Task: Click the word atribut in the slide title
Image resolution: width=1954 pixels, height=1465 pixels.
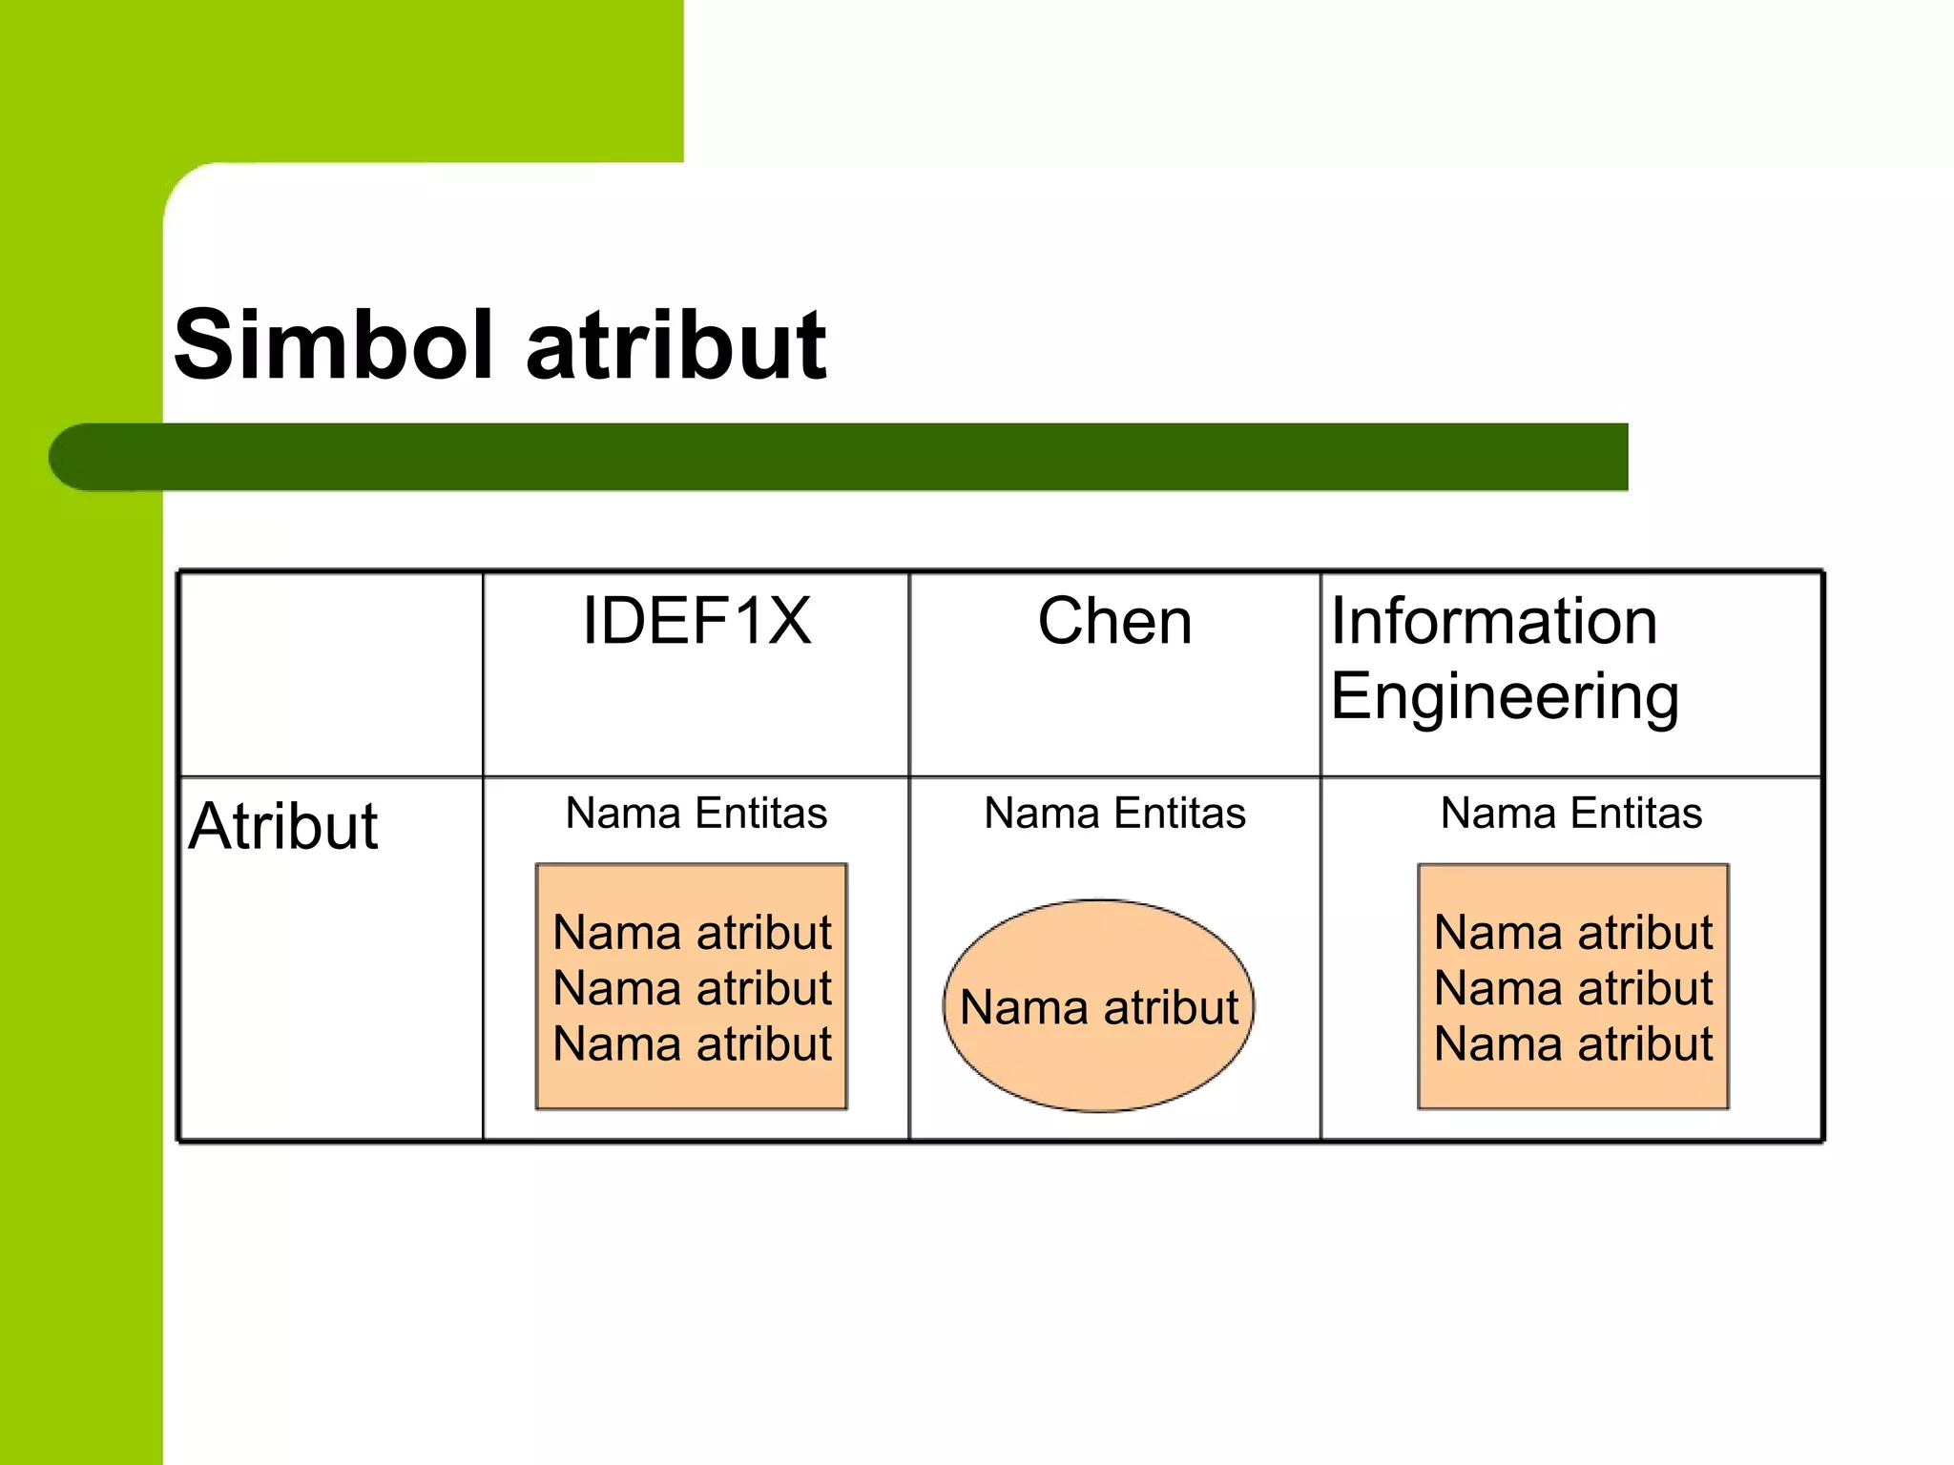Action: pyautogui.click(x=676, y=345)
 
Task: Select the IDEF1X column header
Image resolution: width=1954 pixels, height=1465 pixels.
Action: pyautogui.click(x=696, y=622)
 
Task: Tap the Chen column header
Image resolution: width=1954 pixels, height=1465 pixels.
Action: pyautogui.click(x=1114, y=622)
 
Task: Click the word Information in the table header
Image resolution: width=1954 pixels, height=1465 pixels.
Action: pyautogui.click(x=1494, y=622)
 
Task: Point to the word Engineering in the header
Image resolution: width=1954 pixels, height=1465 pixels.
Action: pyautogui.click(x=1505, y=697)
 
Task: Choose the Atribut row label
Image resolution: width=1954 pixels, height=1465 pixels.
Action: pyautogui.click(x=283, y=826)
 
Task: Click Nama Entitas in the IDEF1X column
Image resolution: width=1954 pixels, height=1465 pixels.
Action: pyautogui.click(x=696, y=814)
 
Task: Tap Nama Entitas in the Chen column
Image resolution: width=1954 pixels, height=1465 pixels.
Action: pyautogui.click(x=1114, y=814)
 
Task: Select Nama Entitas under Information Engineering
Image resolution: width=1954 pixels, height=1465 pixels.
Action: pyautogui.click(x=1571, y=814)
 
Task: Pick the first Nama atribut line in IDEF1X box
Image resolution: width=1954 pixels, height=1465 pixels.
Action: pyautogui.click(x=692, y=933)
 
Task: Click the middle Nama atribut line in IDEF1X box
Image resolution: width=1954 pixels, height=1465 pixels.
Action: pyautogui.click(x=692, y=988)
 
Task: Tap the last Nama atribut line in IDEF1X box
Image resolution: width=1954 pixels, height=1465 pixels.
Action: pyautogui.click(x=692, y=1044)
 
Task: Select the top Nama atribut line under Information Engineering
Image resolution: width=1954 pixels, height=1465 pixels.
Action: pyautogui.click(x=1573, y=933)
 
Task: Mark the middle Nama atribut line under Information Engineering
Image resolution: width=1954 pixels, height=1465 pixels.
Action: pyautogui.click(x=1573, y=988)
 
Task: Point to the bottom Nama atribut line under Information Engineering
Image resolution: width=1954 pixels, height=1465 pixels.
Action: pyautogui.click(x=1573, y=1044)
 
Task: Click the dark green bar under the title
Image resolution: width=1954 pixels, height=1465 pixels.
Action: pyautogui.click(x=859, y=458)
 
